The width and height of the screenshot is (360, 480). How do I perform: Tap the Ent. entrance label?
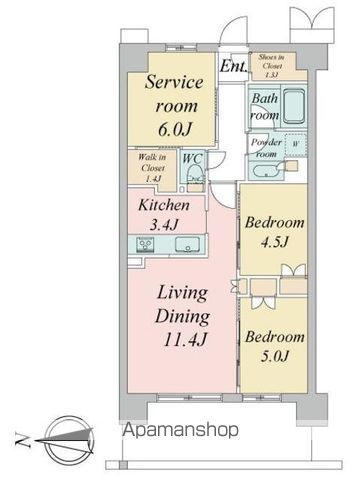point(234,68)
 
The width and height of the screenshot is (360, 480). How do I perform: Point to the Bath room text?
point(264,107)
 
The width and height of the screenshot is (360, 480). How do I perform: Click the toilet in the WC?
point(197,179)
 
